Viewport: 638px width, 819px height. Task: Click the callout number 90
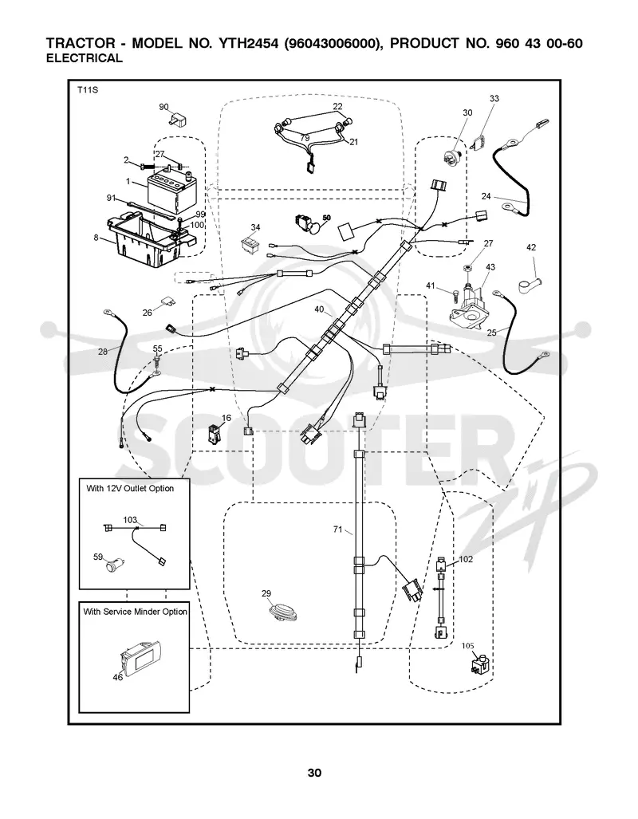coord(164,107)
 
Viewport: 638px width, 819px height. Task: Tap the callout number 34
coord(255,227)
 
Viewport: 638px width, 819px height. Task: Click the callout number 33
coord(494,98)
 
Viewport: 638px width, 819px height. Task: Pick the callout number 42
coord(531,247)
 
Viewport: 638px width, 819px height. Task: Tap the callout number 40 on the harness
coord(319,309)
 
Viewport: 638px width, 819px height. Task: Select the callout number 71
coord(337,529)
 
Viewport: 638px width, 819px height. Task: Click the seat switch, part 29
coord(281,612)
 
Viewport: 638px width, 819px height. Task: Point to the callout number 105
coord(467,646)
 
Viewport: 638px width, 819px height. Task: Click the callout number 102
coord(466,559)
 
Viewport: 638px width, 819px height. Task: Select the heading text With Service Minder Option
coord(136,612)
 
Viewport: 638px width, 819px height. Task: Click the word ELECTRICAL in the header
coord(85,58)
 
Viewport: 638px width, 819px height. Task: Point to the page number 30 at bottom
coord(314,773)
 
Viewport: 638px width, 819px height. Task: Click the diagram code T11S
coord(88,90)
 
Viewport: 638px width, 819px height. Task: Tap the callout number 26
coord(148,313)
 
